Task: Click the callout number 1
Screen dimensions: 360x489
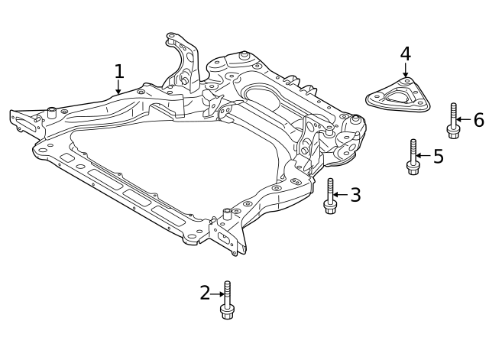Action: pyautogui.click(x=118, y=72)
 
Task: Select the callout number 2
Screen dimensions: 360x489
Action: pyautogui.click(x=205, y=293)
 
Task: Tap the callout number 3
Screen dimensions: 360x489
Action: pyautogui.click(x=355, y=195)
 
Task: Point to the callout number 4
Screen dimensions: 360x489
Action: pyautogui.click(x=405, y=54)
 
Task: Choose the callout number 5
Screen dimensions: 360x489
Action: pyautogui.click(x=438, y=157)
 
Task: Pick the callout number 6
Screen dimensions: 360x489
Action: pyautogui.click(x=478, y=120)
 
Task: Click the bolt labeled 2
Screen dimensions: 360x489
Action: pyautogui.click(x=227, y=300)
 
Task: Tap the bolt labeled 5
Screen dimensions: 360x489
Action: pyautogui.click(x=413, y=157)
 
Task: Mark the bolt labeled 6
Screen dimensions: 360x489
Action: pyautogui.click(x=453, y=121)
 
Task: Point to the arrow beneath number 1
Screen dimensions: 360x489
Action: pyautogui.click(x=118, y=88)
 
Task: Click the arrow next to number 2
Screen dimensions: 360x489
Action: pyautogui.click(x=217, y=294)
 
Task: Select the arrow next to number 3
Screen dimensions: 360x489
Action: pyautogui.click(x=341, y=196)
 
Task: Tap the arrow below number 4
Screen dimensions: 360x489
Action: pyautogui.click(x=406, y=71)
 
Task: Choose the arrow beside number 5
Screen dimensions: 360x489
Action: pyautogui.click(x=424, y=157)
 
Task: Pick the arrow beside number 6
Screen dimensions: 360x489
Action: pyautogui.click(x=464, y=120)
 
